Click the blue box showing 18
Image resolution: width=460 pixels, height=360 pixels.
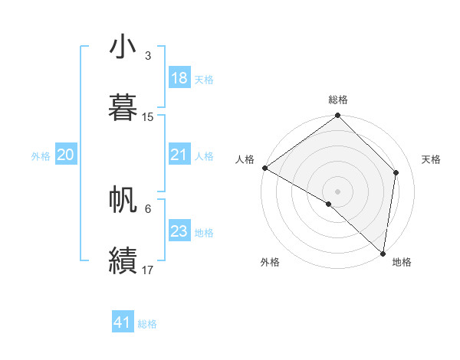[179, 78]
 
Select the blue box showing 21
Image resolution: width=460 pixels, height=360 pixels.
[179, 155]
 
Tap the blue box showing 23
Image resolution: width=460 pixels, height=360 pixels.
[179, 231]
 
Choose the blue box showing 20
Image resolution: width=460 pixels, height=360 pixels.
[65, 155]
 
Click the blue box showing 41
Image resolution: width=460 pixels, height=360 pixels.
[123, 323]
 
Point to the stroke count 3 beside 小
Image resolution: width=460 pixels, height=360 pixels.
[148, 56]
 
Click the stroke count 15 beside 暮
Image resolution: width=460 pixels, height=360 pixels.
[148, 117]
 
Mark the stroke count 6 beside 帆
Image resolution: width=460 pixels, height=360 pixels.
[148, 208]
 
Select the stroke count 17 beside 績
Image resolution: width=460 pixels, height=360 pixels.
[148, 270]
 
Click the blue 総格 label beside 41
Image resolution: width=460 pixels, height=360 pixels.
[147, 324]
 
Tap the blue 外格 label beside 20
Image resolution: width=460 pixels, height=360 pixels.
[41, 156]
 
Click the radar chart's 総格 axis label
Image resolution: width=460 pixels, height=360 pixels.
[338, 100]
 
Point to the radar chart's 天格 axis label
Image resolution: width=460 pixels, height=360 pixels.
[431, 159]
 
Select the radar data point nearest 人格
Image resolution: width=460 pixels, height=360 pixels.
[264, 168]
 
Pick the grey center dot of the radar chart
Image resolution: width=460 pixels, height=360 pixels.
[337, 191]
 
